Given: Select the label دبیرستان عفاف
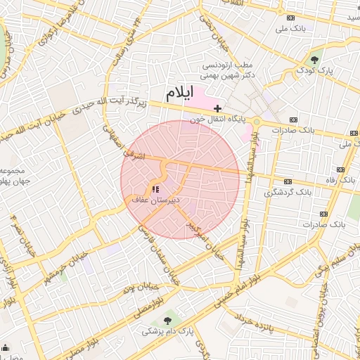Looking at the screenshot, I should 156,200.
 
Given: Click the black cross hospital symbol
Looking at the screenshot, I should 218,109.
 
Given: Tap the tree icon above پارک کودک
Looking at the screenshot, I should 314,59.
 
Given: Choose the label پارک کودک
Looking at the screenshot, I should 314,70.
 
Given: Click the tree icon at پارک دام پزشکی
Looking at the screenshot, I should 167,320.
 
